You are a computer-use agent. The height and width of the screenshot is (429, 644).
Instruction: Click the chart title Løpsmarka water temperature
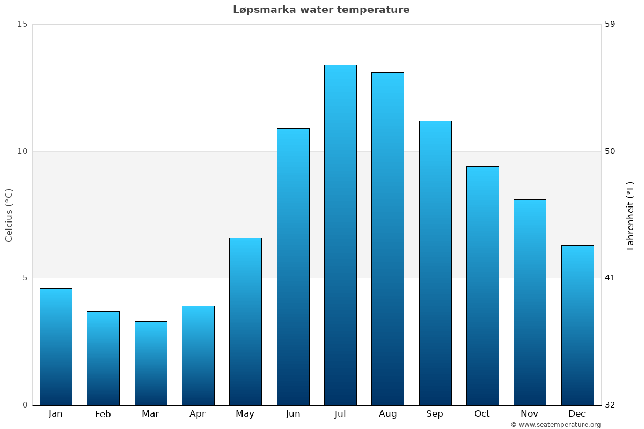pos(321,10)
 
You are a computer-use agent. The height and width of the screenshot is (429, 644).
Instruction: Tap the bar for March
pos(151,363)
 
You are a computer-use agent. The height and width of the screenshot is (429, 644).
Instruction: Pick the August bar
pos(387,239)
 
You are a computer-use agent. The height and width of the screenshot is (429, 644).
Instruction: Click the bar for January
pos(56,346)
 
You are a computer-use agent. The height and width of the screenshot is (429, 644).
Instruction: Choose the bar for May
pos(245,321)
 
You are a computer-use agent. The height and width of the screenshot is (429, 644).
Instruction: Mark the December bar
pos(577,325)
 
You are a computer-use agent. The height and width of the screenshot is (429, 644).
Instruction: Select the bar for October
pos(482,285)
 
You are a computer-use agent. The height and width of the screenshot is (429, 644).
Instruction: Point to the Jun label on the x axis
pos(293,414)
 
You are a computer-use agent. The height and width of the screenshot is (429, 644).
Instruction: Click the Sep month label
pos(435,414)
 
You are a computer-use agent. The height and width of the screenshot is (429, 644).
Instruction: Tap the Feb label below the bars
pos(103,414)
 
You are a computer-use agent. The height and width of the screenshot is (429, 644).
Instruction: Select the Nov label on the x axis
pos(529,414)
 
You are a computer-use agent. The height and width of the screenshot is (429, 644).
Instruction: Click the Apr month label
pos(197,414)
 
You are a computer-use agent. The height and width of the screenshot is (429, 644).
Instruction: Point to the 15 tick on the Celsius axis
pos(22,24)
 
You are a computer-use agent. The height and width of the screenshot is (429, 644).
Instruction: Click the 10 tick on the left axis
pos(22,151)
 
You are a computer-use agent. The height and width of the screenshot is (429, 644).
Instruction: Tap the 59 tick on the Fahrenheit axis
pos(610,24)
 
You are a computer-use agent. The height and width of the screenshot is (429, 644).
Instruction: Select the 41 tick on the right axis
pos(610,278)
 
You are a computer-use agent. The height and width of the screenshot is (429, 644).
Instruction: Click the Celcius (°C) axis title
pos(9,215)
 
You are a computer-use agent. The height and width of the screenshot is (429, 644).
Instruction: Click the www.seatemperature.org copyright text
pos(555,425)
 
